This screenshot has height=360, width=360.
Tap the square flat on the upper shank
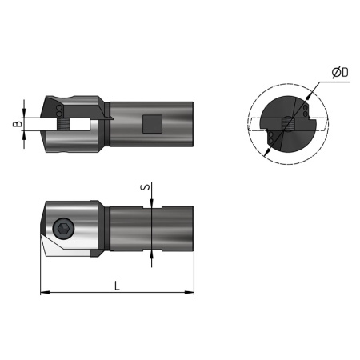tap(150, 123)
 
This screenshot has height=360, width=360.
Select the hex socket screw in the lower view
tap(63, 230)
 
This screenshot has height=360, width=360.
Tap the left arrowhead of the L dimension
tap(43, 294)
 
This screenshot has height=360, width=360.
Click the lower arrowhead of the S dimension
tap(152, 257)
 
